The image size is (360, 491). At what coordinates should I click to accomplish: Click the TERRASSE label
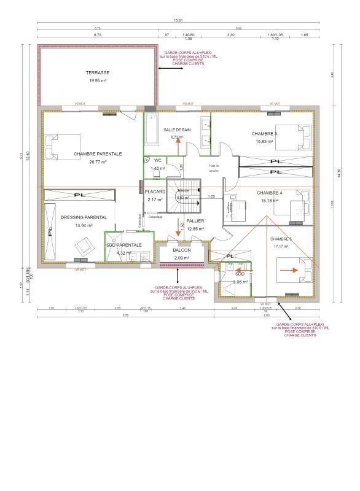[x=98, y=72]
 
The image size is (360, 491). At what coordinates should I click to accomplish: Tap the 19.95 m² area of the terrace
[x=98, y=80]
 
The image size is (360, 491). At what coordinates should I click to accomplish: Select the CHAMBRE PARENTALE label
[x=98, y=154]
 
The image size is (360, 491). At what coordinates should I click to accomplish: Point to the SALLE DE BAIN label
[x=178, y=130]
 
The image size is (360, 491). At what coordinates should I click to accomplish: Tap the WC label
[x=158, y=160]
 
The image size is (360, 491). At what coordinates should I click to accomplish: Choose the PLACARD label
[x=155, y=192]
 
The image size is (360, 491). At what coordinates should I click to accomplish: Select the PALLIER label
[x=195, y=221]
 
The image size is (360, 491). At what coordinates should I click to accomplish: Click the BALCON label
[x=182, y=250]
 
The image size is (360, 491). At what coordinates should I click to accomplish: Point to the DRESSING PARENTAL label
[x=84, y=217]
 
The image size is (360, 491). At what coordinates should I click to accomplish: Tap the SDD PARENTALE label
[x=124, y=245]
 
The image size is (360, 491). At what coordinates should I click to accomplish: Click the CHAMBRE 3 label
[x=264, y=133]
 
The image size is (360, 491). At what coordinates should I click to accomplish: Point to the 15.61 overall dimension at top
[x=179, y=21]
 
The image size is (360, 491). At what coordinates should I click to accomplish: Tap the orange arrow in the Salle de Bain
[x=178, y=145]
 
